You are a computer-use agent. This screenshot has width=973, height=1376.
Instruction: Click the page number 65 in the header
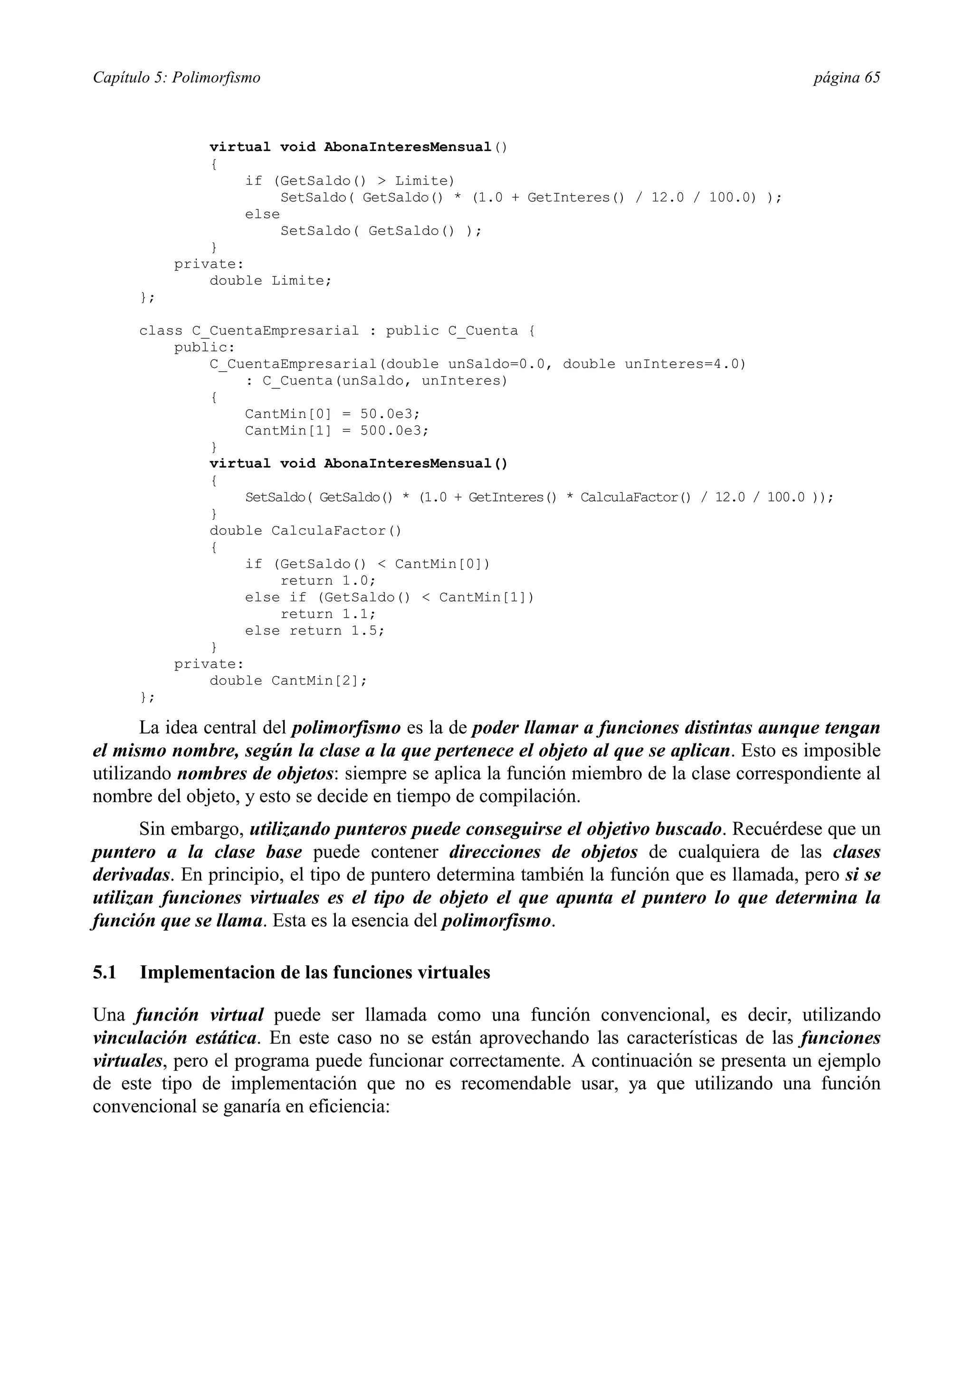872,78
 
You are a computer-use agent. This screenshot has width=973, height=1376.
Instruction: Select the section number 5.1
105,972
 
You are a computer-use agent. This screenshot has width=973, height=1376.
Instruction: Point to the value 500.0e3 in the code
394,431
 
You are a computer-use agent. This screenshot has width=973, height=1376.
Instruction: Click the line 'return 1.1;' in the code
328,614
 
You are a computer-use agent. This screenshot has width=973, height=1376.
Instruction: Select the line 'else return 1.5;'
314,631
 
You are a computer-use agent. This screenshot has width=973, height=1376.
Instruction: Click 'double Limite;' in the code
270,281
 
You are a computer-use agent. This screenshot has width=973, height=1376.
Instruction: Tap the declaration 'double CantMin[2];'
288,681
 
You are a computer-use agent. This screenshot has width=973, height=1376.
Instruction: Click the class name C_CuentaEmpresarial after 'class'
275,331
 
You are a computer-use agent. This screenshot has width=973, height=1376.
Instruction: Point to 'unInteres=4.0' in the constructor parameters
685,364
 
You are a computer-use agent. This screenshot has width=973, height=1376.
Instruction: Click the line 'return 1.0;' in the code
328,581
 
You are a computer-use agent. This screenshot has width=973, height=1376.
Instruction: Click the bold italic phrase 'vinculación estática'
175,1038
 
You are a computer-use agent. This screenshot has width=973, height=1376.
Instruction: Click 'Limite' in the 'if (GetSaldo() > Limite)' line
424,181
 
